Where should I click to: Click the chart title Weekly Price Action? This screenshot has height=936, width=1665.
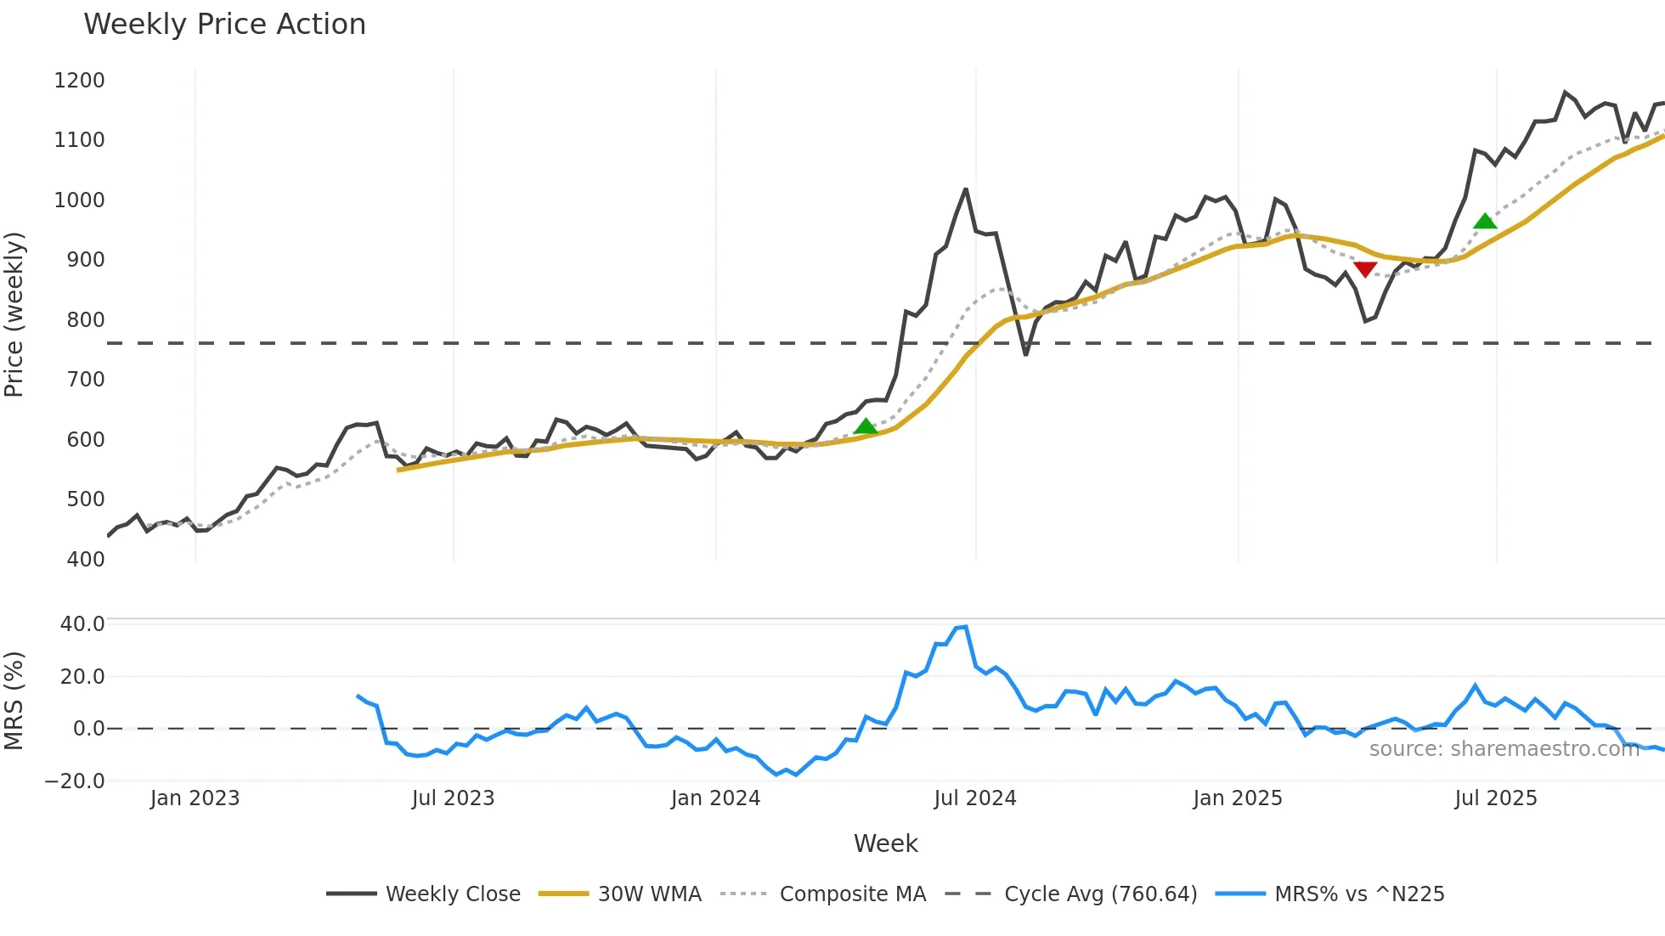(x=224, y=25)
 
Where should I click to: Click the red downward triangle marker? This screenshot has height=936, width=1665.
(x=1365, y=269)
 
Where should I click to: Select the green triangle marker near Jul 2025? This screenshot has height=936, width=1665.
(x=1485, y=222)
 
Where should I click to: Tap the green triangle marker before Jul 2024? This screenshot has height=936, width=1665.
(x=866, y=426)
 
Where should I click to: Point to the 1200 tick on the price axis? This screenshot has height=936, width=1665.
(x=79, y=81)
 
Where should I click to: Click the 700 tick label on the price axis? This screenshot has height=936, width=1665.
(x=85, y=380)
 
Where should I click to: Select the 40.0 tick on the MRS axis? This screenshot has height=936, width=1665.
(x=82, y=624)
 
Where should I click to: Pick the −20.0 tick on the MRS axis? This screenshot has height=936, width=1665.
(x=75, y=781)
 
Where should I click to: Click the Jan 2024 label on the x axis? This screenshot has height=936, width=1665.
(x=715, y=798)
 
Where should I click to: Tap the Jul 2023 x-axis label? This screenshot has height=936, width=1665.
(x=453, y=798)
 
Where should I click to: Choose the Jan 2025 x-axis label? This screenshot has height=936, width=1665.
(x=1237, y=798)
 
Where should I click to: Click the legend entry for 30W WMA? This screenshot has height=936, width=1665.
(x=649, y=894)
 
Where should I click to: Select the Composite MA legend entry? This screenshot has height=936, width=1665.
(x=852, y=894)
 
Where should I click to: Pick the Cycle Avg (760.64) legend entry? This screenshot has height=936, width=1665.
(x=1100, y=894)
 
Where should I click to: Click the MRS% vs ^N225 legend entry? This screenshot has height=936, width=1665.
(x=1359, y=894)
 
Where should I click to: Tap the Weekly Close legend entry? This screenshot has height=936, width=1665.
(x=453, y=894)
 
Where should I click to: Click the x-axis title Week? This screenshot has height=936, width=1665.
(x=885, y=843)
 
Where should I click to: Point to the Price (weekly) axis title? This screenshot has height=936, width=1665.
(x=14, y=314)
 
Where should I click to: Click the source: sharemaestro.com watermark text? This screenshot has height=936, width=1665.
(x=1504, y=749)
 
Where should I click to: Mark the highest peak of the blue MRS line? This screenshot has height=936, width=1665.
(x=966, y=627)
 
